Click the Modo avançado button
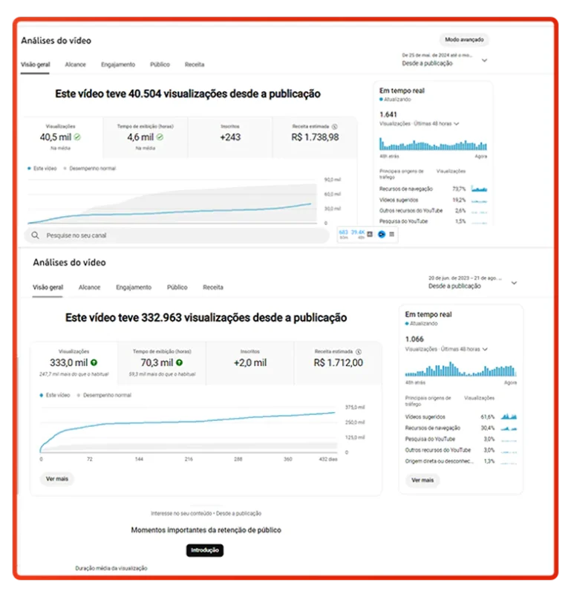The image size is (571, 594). click(x=463, y=40)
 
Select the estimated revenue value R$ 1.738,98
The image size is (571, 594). click(x=316, y=137)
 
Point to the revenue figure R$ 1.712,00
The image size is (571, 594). click(x=338, y=362)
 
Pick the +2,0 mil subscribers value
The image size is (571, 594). click(x=249, y=362)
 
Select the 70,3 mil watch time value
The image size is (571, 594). click(x=157, y=362)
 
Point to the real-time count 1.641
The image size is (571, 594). click(x=388, y=114)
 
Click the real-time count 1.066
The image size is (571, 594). click(x=414, y=339)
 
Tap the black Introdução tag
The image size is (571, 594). click(x=204, y=550)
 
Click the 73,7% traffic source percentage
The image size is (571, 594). click(x=459, y=189)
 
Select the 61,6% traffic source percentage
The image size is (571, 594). click(x=487, y=417)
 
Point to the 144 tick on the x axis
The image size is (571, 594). click(x=139, y=460)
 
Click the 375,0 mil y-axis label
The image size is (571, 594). click(x=355, y=408)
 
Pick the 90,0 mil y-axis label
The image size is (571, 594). click(x=332, y=180)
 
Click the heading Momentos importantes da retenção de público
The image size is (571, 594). click(x=206, y=530)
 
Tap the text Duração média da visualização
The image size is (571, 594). click(x=111, y=568)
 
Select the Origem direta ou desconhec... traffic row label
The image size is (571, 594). click(x=439, y=461)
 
